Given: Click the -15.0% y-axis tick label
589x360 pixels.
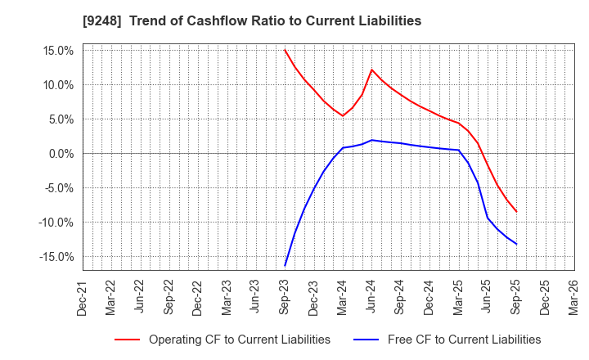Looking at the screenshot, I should [56, 256].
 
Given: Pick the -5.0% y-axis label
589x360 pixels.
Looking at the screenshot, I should [58, 187].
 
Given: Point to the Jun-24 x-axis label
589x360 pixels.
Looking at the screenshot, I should [372, 295].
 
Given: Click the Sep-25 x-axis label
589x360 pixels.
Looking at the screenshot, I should [516, 295].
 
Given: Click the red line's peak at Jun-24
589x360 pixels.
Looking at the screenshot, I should [371, 70].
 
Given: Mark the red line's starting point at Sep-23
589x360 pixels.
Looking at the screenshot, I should [286, 50].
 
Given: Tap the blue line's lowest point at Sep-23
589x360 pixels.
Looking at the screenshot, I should [286, 265].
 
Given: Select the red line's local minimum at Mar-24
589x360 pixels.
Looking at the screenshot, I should [343, 115].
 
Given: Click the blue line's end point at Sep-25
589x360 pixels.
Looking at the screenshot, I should [516, 244].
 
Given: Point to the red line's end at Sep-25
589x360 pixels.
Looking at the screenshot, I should [516, 211].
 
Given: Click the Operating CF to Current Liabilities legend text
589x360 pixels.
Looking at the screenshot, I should [240, 339].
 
